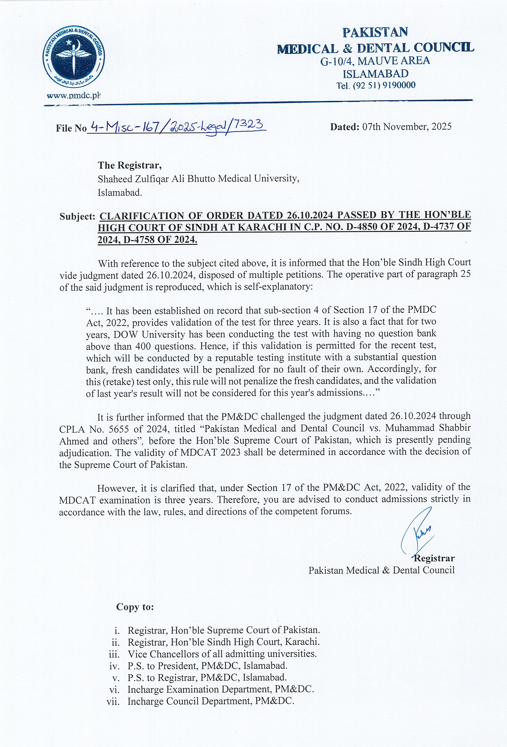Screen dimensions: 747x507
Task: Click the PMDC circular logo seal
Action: (74, 57)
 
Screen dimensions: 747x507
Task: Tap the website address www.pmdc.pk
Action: (74, 96)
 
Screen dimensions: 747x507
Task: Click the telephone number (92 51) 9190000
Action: (384, 85)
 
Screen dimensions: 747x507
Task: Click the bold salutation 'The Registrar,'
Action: (130, 165)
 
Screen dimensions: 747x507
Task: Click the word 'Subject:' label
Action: (77, 216)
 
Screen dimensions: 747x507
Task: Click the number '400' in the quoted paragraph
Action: (143, 346)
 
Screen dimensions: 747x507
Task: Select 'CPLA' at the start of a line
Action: (72, 429)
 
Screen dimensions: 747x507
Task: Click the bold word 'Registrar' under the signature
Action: (434, 558)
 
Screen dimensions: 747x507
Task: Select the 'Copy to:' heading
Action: (135, 607)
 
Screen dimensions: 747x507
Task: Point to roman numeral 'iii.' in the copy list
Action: (115, 654)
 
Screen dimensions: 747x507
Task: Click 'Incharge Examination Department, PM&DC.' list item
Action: (221, 689)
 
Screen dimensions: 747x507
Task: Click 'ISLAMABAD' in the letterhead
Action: (376, 74)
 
